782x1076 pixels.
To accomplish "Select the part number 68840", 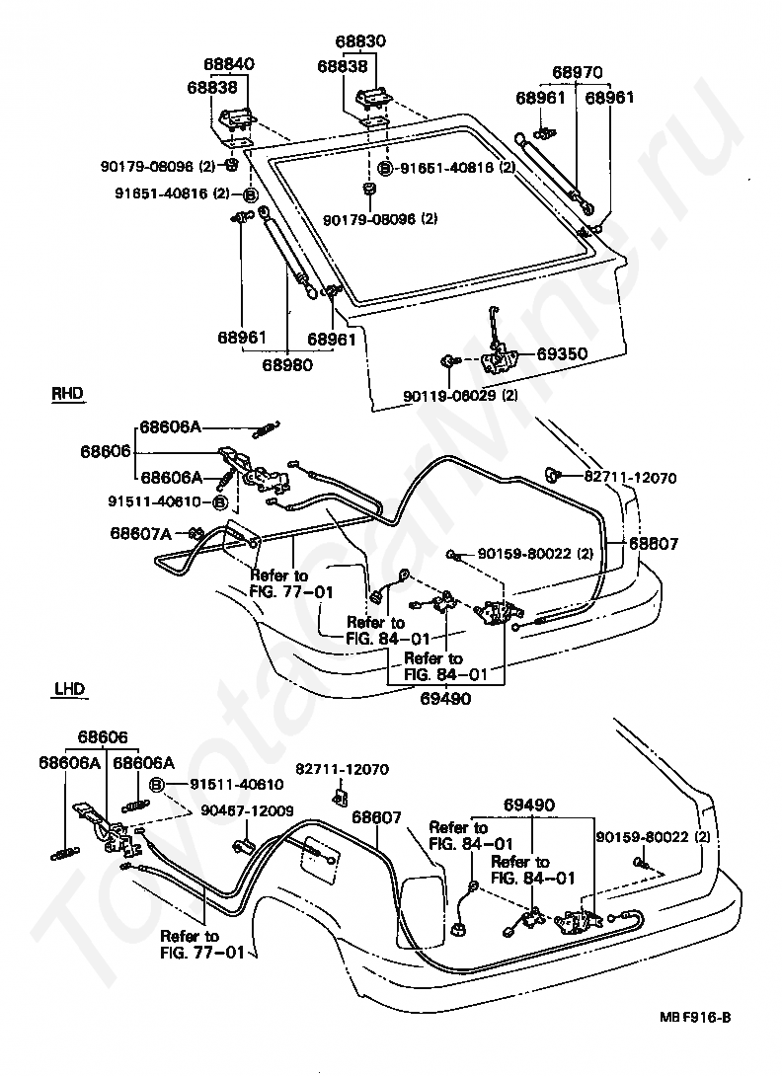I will [x=229, y=64].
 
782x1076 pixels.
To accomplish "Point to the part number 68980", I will [x=287, y=363].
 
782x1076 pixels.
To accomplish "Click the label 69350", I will [x=560, y=353].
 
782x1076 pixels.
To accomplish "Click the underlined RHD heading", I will [x=66, y=393].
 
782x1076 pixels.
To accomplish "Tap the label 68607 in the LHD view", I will [x=377, y=817].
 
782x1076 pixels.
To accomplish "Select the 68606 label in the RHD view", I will [x=106, y=450].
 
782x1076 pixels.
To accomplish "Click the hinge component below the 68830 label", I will [x=373, y=100].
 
